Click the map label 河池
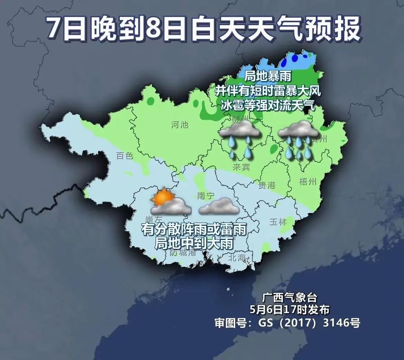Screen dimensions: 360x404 (180, 124)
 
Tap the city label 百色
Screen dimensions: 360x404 (125, 156)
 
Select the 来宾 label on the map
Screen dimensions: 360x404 (241, 167)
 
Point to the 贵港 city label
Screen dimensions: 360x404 (266, 184)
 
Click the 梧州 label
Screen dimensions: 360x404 (308, 181)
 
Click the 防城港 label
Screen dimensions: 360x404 (183, 252)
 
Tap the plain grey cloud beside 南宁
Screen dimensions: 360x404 (219, 207)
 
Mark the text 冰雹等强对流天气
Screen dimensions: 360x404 (267, 105)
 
